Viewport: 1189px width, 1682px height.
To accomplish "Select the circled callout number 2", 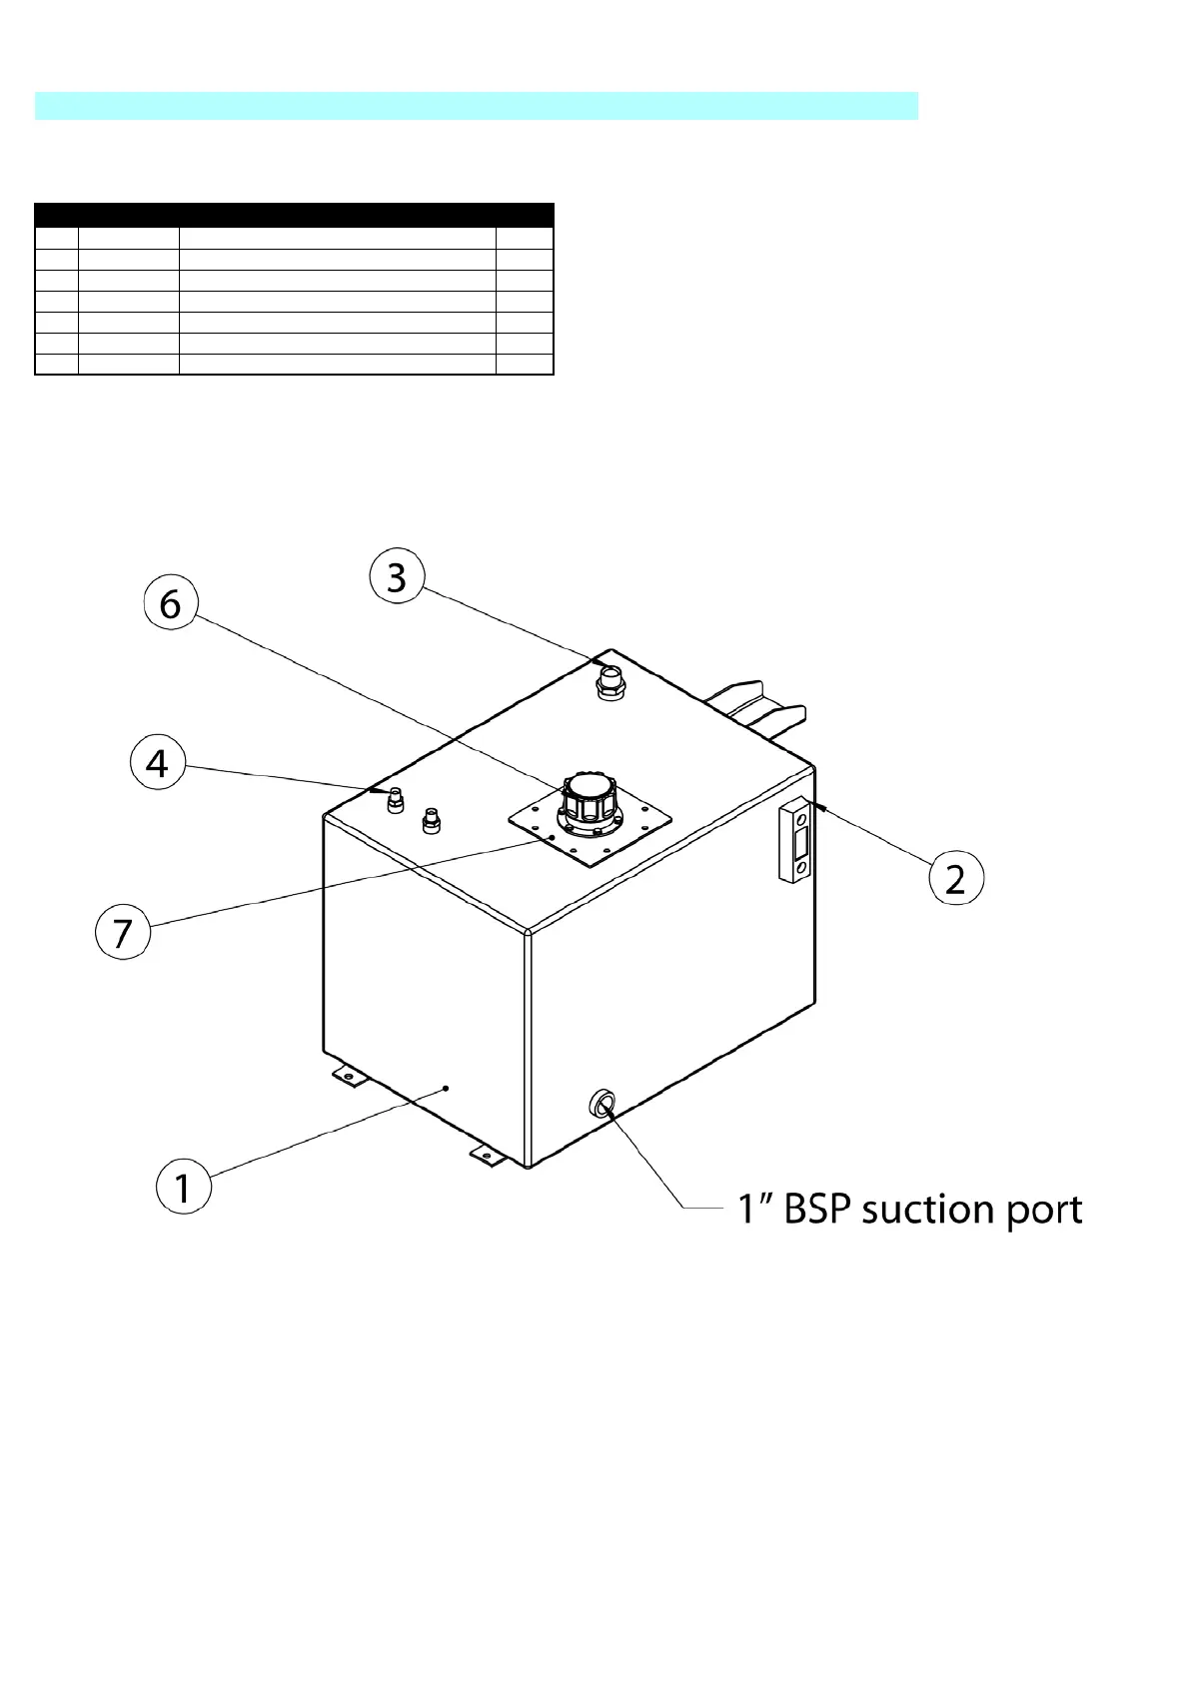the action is coord(956,878).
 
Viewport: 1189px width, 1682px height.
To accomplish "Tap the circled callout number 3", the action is coord(397,577).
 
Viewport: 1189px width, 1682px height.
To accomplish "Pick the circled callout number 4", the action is coord(158,764).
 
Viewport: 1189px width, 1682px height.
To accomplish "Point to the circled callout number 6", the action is coord(171,603).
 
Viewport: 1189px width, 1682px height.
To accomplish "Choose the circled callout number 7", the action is coord(122,933).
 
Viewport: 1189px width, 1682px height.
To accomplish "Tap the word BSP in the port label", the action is coord(816,1210).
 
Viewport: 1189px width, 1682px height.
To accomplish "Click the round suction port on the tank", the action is coord(602,1103).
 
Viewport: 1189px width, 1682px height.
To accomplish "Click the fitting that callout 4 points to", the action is coord(396,799).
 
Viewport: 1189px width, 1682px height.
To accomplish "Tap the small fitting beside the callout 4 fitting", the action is coord(432,821).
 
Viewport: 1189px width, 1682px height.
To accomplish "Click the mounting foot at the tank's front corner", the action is coord(487,1159).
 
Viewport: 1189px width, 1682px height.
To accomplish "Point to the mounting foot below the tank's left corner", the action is coord(345,1077).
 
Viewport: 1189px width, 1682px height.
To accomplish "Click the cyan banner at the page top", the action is coord(476,106).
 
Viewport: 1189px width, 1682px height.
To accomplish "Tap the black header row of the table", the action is coord(294,215).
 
